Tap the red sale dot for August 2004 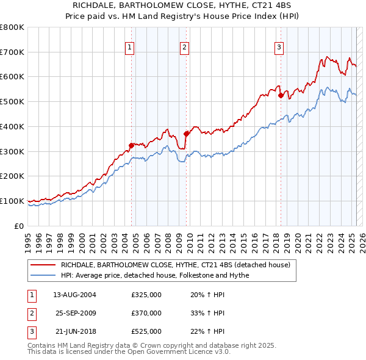pos(131,145)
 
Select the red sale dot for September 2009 pos(186,134)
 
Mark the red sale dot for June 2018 pos(281,95)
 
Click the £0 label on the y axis pos(19,226)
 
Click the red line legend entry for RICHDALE pos(179,264)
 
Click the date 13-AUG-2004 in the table pos(75,295)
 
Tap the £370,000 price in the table pos(146,313)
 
